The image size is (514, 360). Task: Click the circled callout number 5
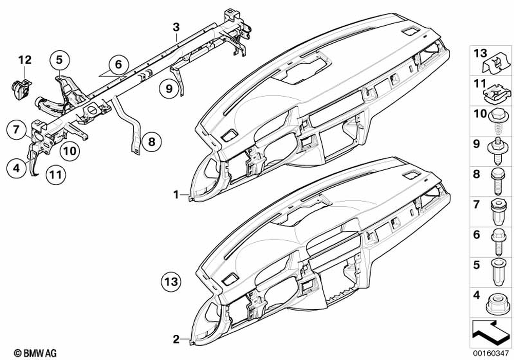[x=59, y=60]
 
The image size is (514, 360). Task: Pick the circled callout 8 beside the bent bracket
[x=152, y=140]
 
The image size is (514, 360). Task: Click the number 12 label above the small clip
[x=25, y=60]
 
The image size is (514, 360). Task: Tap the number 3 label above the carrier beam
[x=176, y=25]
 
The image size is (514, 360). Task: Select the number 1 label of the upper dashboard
[x=176, y=195]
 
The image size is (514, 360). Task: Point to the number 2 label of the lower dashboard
[x=176, y=339]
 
